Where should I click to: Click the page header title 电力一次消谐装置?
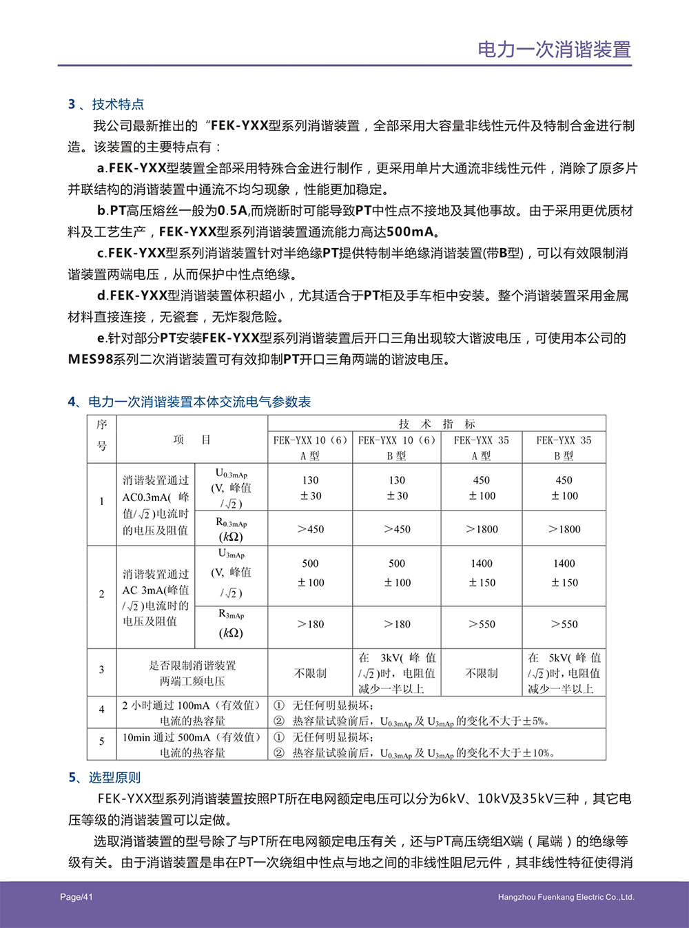[x=554, y=50]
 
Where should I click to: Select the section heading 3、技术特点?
[x=106, y=104]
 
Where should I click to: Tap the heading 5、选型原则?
[x=105, y=777]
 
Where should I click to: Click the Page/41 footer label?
[x=76, y=897]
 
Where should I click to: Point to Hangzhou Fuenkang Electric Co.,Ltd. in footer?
[x=566, y=897]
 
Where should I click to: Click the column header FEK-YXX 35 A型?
[x=481, y=448]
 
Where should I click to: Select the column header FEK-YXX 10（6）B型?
[x=396, y=448]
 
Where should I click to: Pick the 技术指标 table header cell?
[x=436, y=424]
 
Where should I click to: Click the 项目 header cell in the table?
[x=192, y=440]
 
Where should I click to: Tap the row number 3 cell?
[x=102, y=670]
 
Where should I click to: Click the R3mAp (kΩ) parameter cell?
[x=231, y=623]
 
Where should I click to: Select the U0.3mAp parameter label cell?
[x=231, y=488]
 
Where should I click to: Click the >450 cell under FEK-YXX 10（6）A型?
[x=310, y=529]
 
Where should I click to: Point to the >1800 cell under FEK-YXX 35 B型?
[x=564, y=529]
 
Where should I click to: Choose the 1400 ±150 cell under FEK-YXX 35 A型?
[x=482, y=573]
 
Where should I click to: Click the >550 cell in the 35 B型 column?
[x=564, y=624]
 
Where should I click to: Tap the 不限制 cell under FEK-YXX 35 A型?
[x=482, y=673]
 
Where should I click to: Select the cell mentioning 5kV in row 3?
[x=564, y=673]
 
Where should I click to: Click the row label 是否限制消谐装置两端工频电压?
[x=192, y=673]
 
